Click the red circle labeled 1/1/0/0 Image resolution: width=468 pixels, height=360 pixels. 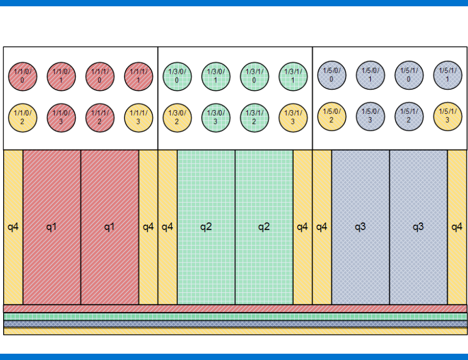[x=23, y=77]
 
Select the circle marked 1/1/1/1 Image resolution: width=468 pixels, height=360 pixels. [x=139, y=77]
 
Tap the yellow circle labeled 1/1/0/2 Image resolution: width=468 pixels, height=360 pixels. [x=23, y=118]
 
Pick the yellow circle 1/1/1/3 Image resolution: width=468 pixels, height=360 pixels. [x=139, y=118]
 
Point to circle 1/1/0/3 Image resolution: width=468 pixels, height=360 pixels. [x=61, y=118]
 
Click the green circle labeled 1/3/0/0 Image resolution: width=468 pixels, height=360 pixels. [x=177, y=77]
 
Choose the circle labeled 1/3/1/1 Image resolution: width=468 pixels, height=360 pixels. [x=293, y=77]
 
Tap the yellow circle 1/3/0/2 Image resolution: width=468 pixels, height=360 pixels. [x=177, y=118]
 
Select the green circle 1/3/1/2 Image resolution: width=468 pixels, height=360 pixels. [x=254, y=118]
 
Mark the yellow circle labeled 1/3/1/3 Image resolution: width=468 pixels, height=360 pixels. [x=293, y=118]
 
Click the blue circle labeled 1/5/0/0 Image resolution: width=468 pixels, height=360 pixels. [x=332, y=75]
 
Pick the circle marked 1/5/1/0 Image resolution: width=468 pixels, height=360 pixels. [x=409, y=75]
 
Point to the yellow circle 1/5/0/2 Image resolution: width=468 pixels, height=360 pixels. [x=332, y=116]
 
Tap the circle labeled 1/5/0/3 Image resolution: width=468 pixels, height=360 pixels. [x=370, y=116]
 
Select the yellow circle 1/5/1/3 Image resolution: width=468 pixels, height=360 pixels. [x=448, y=116]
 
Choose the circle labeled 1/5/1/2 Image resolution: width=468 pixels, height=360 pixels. [x=409, y=116]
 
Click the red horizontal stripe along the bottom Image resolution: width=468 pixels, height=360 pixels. [x=235, y=309]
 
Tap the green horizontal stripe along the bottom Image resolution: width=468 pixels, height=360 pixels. [x=235, y=316]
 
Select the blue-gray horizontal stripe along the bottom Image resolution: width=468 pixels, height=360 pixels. [x=235, y=324]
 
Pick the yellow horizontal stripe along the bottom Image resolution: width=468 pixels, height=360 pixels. [x=235, y=331]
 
